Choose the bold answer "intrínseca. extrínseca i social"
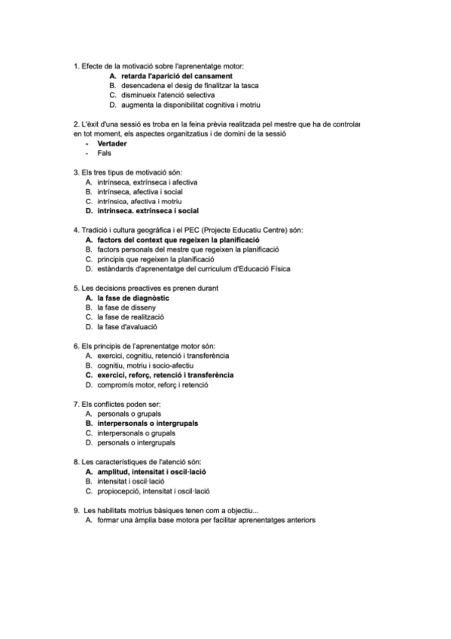[x=142, y=211]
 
